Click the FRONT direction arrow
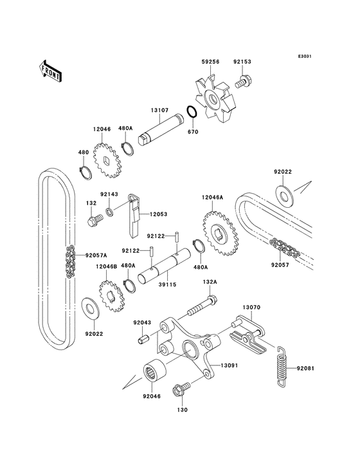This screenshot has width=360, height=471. pyautogui.click(x=51, y=69)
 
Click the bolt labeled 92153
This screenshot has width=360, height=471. pyautogui.click(x=243, y=82)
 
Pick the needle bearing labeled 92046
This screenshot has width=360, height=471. pyautogui.click(x=156, y=371)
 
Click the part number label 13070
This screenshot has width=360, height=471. pyautogui.click(x=251, y=308)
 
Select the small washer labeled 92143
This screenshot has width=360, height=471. pyautogui.click(x=111, y=211)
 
